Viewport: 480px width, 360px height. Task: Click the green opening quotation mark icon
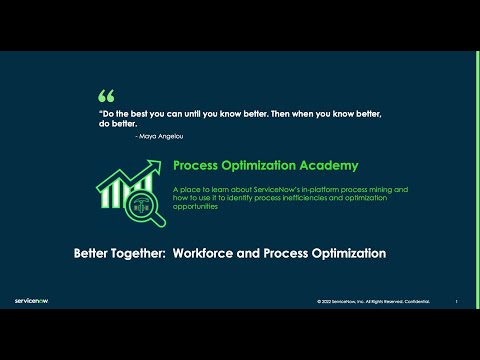106,96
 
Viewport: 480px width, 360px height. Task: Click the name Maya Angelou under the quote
161,135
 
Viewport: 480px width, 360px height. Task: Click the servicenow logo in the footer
35,298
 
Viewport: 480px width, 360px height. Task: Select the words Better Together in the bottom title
119,253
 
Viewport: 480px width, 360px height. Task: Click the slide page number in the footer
456,300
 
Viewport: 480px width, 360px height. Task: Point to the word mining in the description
383,188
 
